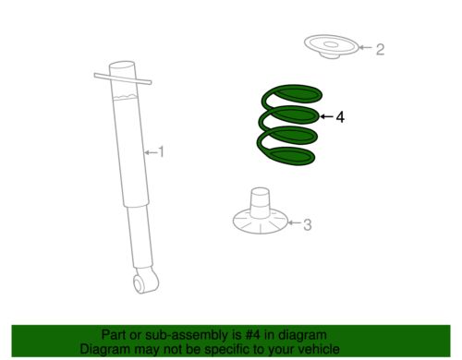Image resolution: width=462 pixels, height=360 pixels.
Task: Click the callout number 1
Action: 161,152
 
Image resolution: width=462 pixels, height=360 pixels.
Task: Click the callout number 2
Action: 380,49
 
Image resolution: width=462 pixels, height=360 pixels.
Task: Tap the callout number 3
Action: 308,224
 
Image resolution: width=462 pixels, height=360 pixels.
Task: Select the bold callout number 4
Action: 340,117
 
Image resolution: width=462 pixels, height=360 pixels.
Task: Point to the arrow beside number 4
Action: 326,116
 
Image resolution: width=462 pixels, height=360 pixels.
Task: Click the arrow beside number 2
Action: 366,47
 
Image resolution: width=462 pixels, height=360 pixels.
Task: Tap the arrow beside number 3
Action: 294,222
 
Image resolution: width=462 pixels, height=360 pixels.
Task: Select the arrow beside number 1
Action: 151,152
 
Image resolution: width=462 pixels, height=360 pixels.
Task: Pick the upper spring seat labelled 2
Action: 331,46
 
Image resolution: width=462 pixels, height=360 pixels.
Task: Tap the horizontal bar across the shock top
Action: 123,78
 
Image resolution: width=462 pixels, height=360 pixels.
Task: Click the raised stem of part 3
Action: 260,203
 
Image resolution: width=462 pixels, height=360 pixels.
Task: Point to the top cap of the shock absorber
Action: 122,66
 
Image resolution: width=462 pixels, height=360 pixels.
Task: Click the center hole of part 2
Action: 331,44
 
